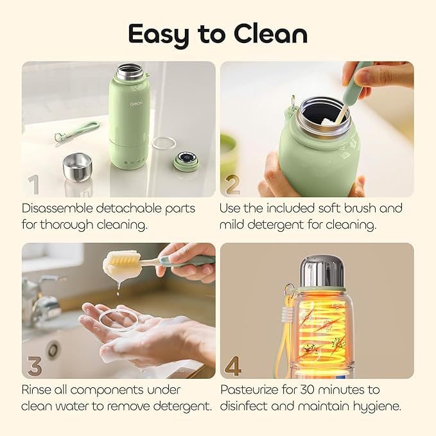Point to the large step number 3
33,366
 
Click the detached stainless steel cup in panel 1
77,166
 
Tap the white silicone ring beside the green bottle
163,142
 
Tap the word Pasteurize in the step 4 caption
251,390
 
